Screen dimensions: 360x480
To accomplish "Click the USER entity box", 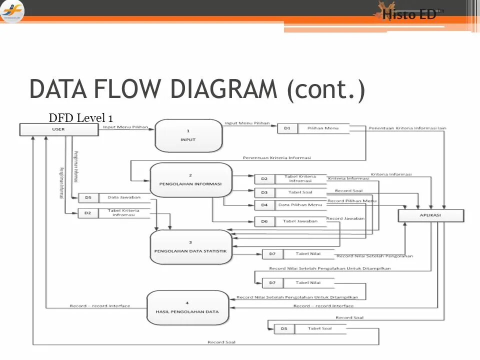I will click(x=58, y=129).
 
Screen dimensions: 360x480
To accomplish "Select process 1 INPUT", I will click(x=188, y=135).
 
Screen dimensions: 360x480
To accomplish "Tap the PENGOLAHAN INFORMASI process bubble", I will click(x=190, y=179).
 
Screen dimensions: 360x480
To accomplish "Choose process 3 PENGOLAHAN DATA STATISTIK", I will click(x=190, y=246).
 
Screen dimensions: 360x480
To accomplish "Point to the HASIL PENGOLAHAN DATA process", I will click(x=187, y=307).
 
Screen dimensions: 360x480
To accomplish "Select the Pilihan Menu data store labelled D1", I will click(x=313, y=128).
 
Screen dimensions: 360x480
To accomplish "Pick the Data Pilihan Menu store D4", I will click(x=290, y=205).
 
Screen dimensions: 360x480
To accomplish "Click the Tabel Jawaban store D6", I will click(x=290, y=221).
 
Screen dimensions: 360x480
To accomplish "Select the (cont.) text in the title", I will click(x=325, y=90).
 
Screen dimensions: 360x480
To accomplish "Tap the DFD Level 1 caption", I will click(x=80, y=118).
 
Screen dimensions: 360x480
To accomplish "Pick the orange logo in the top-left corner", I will click(x=12, y=11).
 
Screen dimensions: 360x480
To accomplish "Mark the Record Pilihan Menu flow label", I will click(x=352, y=201).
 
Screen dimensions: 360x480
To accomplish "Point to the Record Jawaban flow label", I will click(x=345, y=218).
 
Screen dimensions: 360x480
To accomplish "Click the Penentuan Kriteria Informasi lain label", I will click(x=407, y=128).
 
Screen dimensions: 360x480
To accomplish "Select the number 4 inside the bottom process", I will click(x=187, y=303).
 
